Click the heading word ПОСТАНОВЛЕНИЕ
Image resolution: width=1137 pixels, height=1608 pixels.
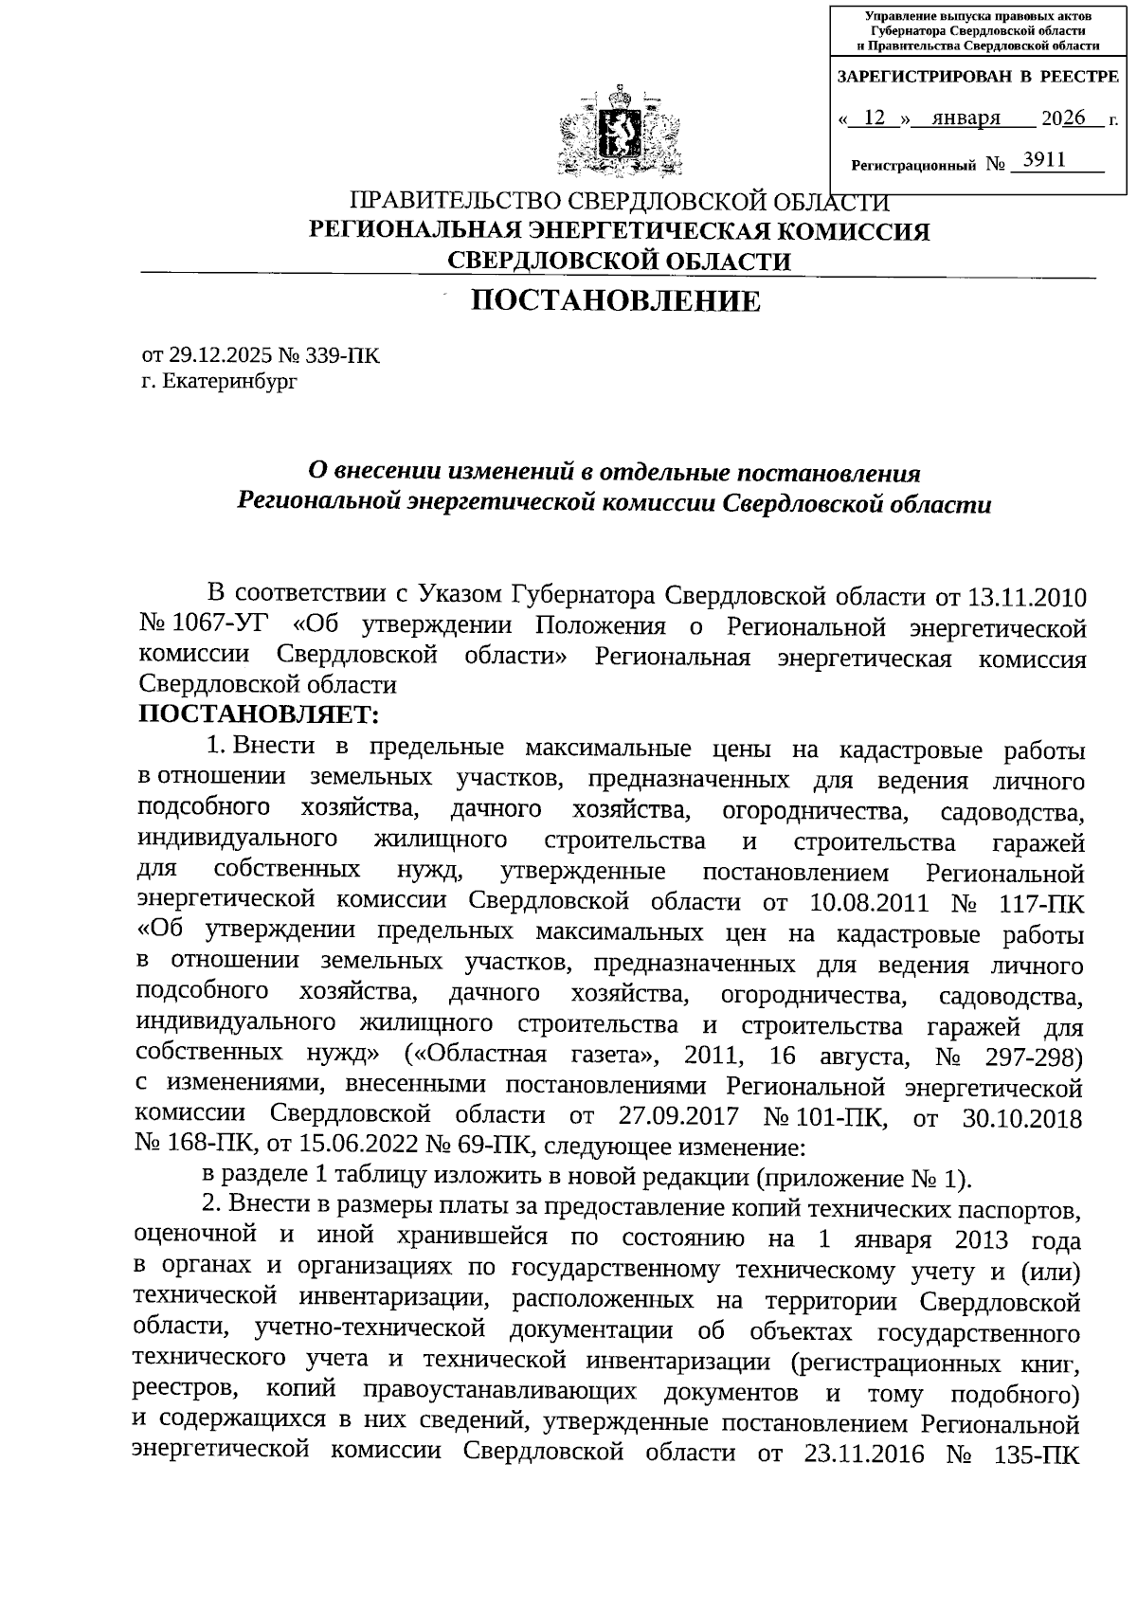point(617,301)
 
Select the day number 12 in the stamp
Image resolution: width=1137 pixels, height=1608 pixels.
point(875,118)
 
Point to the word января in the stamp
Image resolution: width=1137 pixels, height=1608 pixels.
point(966,118)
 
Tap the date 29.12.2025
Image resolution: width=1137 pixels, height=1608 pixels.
point(221,356)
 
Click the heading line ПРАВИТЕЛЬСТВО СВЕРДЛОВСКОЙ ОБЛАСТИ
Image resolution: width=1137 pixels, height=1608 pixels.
point(620,202)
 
